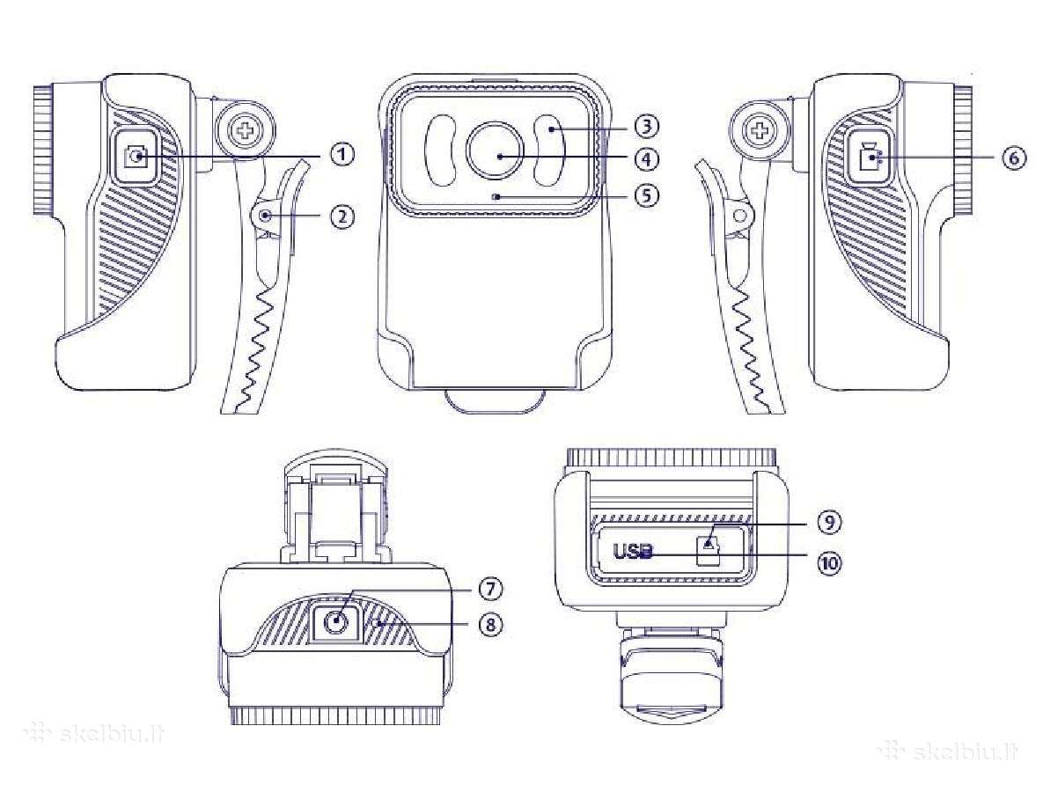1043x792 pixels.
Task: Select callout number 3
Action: tap(646, 124)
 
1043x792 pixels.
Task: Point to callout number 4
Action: tap(646, 159)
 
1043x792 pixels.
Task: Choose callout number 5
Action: tap(646, 195)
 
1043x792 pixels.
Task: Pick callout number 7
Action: tap(490, 589)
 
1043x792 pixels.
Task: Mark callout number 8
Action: tap(490, 625)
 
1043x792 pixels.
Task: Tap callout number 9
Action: tap(828, 522)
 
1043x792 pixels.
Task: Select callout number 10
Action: tap(828, 563)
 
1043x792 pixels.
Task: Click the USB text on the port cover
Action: tap(634, 551)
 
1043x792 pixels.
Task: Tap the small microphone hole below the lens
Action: tap(494, 196)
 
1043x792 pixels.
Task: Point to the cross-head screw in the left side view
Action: tap(246, 128)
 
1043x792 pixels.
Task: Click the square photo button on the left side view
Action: tap(137, 157)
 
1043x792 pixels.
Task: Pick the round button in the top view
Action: tap(336, 623)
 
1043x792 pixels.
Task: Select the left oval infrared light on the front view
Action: tap(440, 151)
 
